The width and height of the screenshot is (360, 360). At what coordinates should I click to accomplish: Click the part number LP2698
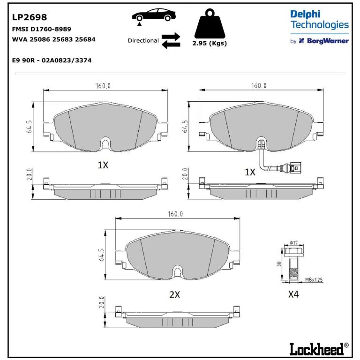coord(30,17)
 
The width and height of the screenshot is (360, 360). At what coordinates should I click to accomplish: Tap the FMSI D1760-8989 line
coord(42,29)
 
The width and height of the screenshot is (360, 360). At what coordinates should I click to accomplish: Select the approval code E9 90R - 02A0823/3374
coord(52,60)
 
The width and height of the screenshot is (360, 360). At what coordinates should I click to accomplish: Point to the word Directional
coord(143,41)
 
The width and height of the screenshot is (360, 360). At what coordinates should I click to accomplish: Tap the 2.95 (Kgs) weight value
coord(210,43)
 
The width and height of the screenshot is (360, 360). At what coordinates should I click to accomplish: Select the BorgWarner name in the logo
coord(328,41)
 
